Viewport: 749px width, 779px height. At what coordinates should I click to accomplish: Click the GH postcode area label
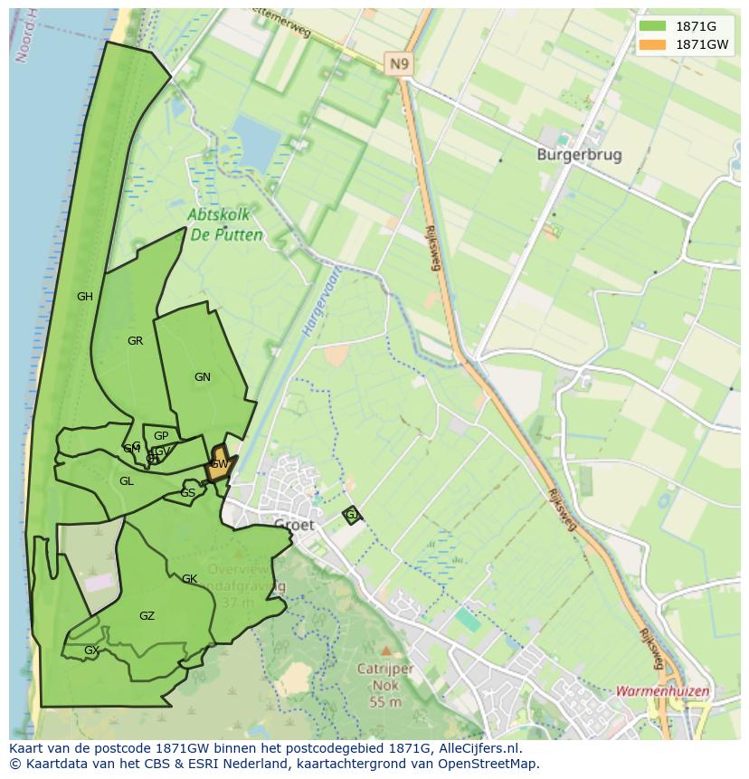tap(85, 297)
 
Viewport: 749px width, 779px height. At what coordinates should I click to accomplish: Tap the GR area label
tap(136, 341)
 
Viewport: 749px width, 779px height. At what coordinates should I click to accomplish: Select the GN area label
tap(203, 377)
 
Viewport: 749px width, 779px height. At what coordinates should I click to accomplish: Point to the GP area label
tap(161, 436)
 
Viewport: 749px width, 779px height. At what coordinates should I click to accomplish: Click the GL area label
tap(127, 481)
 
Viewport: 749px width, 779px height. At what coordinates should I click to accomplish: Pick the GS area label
tap(187, 493)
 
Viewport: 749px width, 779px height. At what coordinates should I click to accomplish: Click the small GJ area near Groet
tap(352, 515)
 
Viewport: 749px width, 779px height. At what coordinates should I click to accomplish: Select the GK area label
tap(189, 579)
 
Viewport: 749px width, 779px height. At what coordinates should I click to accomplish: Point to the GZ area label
tap(147, 616)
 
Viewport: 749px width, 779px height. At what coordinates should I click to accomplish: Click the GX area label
tap(90, 651)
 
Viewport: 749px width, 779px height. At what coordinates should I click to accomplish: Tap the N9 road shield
tap(398, 63)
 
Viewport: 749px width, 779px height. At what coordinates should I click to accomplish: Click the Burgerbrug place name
tap(579, 155)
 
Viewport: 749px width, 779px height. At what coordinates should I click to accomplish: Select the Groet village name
tap(294, 525)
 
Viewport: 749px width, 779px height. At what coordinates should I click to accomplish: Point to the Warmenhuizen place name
tap(663, 691)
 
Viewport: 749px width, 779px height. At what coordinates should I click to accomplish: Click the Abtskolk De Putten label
tap(226, 225)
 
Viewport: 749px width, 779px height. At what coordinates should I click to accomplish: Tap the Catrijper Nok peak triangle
tap(386, 651)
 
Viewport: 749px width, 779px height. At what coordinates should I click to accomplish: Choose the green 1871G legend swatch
tap(651, 25)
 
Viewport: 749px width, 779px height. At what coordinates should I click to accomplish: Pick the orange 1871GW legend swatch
tap(651, 44)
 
